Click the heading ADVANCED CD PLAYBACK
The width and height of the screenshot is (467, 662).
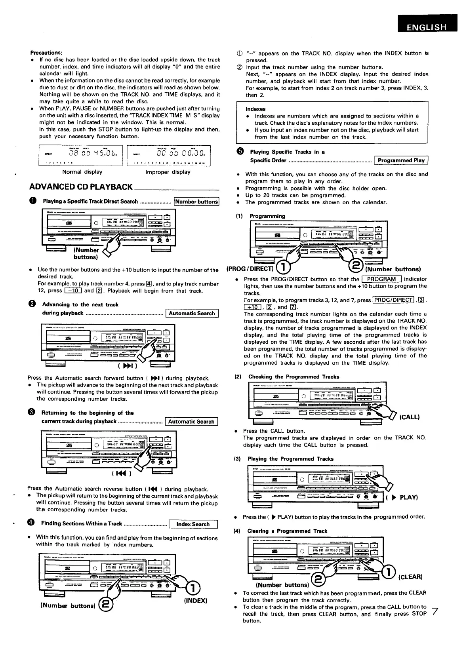coord(81,187)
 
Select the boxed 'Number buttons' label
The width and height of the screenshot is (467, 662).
coord(197,202)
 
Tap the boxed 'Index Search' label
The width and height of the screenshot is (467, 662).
coord(193,524)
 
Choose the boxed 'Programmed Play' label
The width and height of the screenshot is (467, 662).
coord(401,160)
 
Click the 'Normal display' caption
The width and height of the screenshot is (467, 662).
coord(82,172)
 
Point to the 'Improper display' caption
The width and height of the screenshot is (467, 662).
coord(168,172)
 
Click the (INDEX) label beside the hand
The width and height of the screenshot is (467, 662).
coord(196,601)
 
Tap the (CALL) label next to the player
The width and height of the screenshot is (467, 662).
coord(410,417)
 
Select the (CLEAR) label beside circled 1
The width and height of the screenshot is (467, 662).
coord(410,576)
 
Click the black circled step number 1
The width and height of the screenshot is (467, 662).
coord(32,201)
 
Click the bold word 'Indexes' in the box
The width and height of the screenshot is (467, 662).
coord(255,109)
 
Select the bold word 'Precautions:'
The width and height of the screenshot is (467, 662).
coord(46,53)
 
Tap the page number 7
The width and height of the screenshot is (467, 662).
coord(435,611)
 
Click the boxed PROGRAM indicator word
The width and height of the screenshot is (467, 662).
coord(381,279)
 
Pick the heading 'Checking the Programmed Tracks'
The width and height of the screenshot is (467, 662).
coord(294,377)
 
